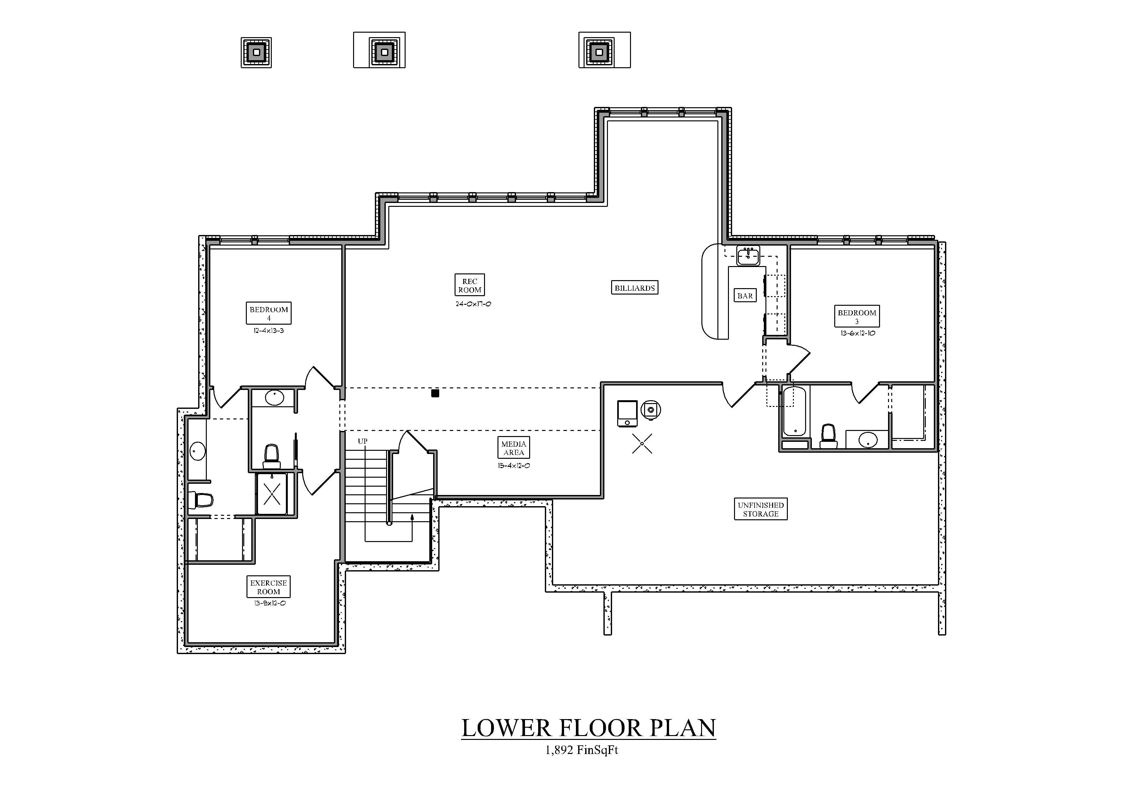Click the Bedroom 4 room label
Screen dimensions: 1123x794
[269, 313]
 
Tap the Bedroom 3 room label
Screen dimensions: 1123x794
[857, 316]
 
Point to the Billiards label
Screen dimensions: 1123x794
[635, 288]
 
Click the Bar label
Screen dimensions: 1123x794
[745, 296]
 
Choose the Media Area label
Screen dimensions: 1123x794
[513, 448]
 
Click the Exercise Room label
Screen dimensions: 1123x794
[269, 587]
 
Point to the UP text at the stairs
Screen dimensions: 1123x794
[362, 441]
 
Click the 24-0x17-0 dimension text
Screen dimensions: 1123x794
[473, 304]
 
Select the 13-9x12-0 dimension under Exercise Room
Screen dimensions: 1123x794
[270, 603]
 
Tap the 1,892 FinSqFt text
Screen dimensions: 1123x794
[582, 750]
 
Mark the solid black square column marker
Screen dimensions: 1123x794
[435, 393]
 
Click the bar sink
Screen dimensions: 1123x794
[748, 255]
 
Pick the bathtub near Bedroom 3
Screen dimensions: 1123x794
[794, 411]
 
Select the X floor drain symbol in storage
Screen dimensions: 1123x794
[642, 444]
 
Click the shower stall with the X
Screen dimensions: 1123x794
[272, 494]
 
